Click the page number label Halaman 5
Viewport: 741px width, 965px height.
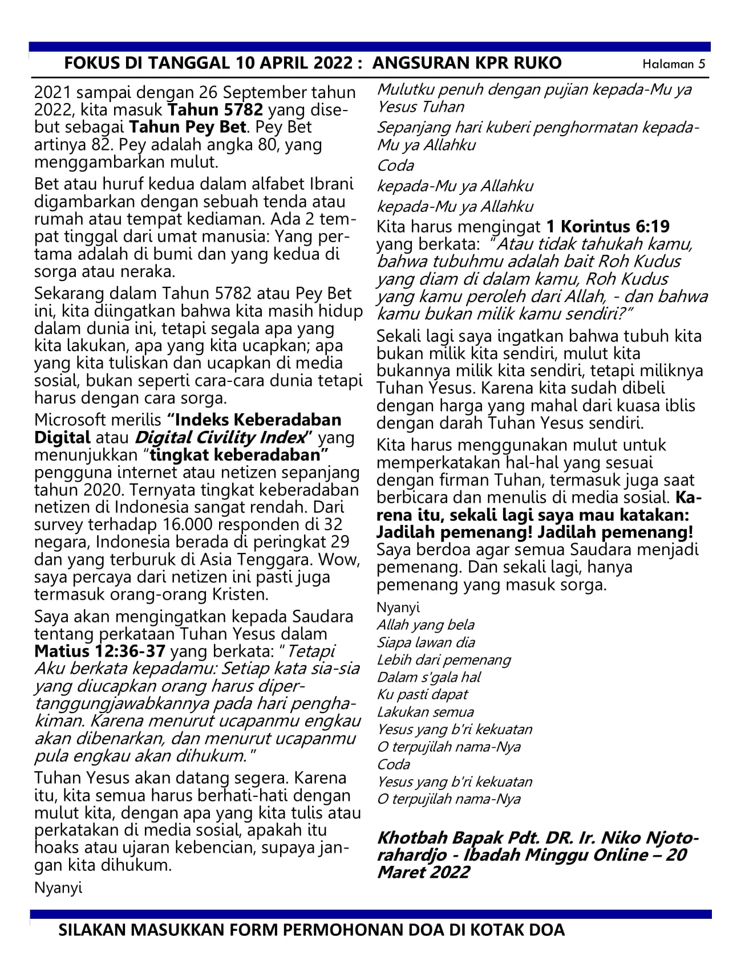(673, 64)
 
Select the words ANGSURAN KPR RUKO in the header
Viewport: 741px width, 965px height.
(466, 63)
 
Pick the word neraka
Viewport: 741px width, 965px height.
(150, 271)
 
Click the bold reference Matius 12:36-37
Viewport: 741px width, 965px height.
(100, 651)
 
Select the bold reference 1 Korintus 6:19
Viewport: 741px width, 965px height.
(608, 226)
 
